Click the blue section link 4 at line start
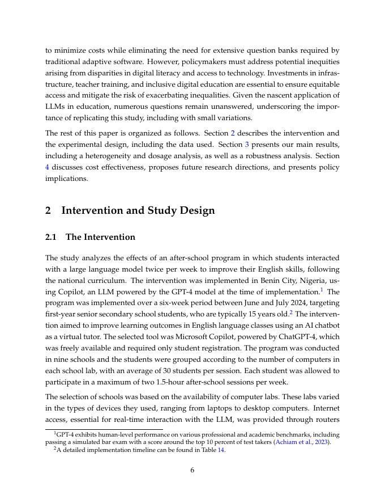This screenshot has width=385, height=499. coord(48,167)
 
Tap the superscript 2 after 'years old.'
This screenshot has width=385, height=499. coord(291,311)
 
